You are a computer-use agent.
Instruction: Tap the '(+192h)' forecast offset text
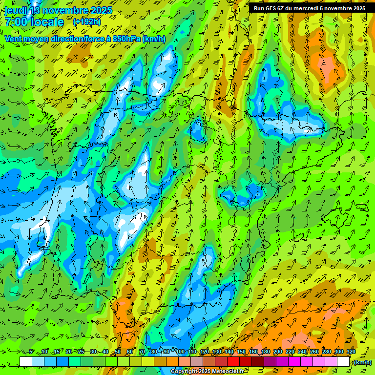[x=86, y=22]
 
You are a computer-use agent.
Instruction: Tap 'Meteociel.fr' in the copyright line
[x=224, y=372]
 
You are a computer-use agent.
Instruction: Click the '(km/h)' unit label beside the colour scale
[x=362, y=362]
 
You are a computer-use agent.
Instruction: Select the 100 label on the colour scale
[x=180, y=352]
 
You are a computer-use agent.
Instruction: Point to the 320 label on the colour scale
[x=351, y=352]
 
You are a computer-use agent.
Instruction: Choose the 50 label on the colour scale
[x=118, y=352]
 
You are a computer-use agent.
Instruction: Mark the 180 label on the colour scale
[x=266, y=352]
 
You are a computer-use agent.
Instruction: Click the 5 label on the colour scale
[x=31, y=352]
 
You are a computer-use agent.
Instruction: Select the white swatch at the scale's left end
[x=26, y=361]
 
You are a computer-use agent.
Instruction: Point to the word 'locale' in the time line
[x=47, y=22]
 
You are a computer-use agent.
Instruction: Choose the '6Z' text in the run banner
[x=282, y=8]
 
